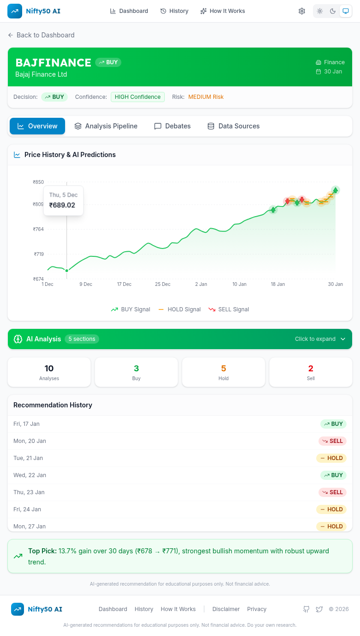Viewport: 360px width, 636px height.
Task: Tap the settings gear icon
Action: pos(302,11)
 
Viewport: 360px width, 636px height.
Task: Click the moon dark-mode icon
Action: pos(333,11)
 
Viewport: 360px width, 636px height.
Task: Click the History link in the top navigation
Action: pos(174,11)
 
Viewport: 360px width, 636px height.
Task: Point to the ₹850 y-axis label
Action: pos(38,182)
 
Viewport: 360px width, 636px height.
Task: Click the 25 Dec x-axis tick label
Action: pos(162,284)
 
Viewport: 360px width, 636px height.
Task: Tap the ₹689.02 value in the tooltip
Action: pos(62,205)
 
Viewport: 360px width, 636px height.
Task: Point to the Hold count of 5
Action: pos(223,369)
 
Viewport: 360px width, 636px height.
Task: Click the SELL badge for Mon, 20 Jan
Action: pos(332,441)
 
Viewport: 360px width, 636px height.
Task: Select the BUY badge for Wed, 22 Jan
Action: pos(333,475)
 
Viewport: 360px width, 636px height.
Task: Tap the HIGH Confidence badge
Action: pos(138,97)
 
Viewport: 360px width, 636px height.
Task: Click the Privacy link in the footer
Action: pos(257,609)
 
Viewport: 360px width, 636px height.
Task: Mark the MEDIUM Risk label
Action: pos(206,97)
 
